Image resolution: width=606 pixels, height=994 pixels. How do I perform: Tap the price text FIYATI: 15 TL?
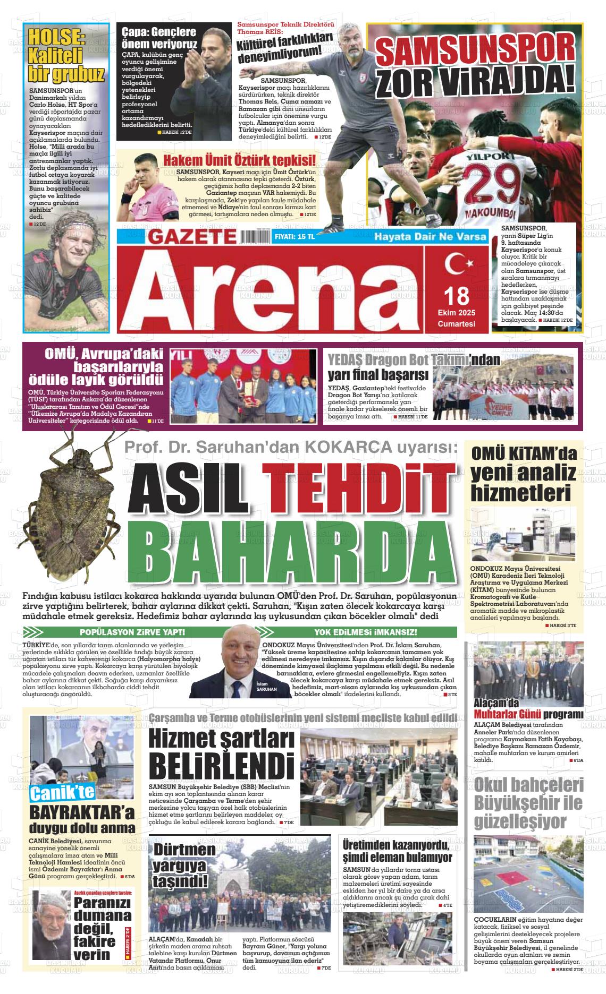[294, 237]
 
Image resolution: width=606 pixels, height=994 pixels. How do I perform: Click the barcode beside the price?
[255, 236]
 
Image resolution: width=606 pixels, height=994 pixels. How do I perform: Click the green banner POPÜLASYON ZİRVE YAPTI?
[132, 632]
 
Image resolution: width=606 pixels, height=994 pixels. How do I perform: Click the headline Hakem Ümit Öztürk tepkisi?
[239, 161]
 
